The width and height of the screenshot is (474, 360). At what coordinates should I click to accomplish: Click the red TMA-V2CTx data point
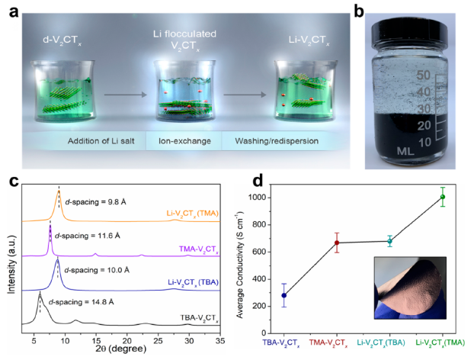337,243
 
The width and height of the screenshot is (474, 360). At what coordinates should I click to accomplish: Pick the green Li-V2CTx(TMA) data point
442,197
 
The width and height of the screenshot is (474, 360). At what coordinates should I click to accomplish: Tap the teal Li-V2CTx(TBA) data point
389,241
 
